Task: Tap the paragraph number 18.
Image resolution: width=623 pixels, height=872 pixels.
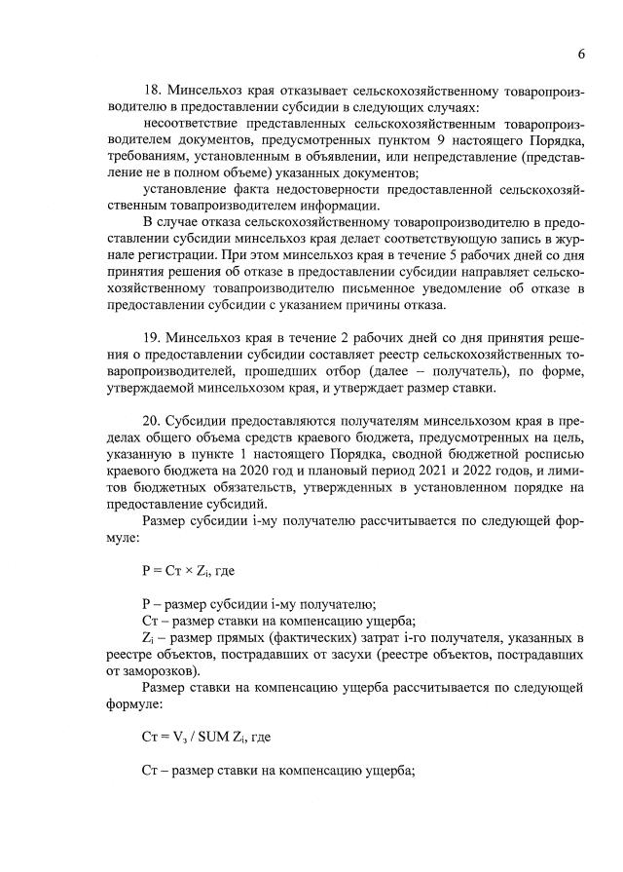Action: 151,92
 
